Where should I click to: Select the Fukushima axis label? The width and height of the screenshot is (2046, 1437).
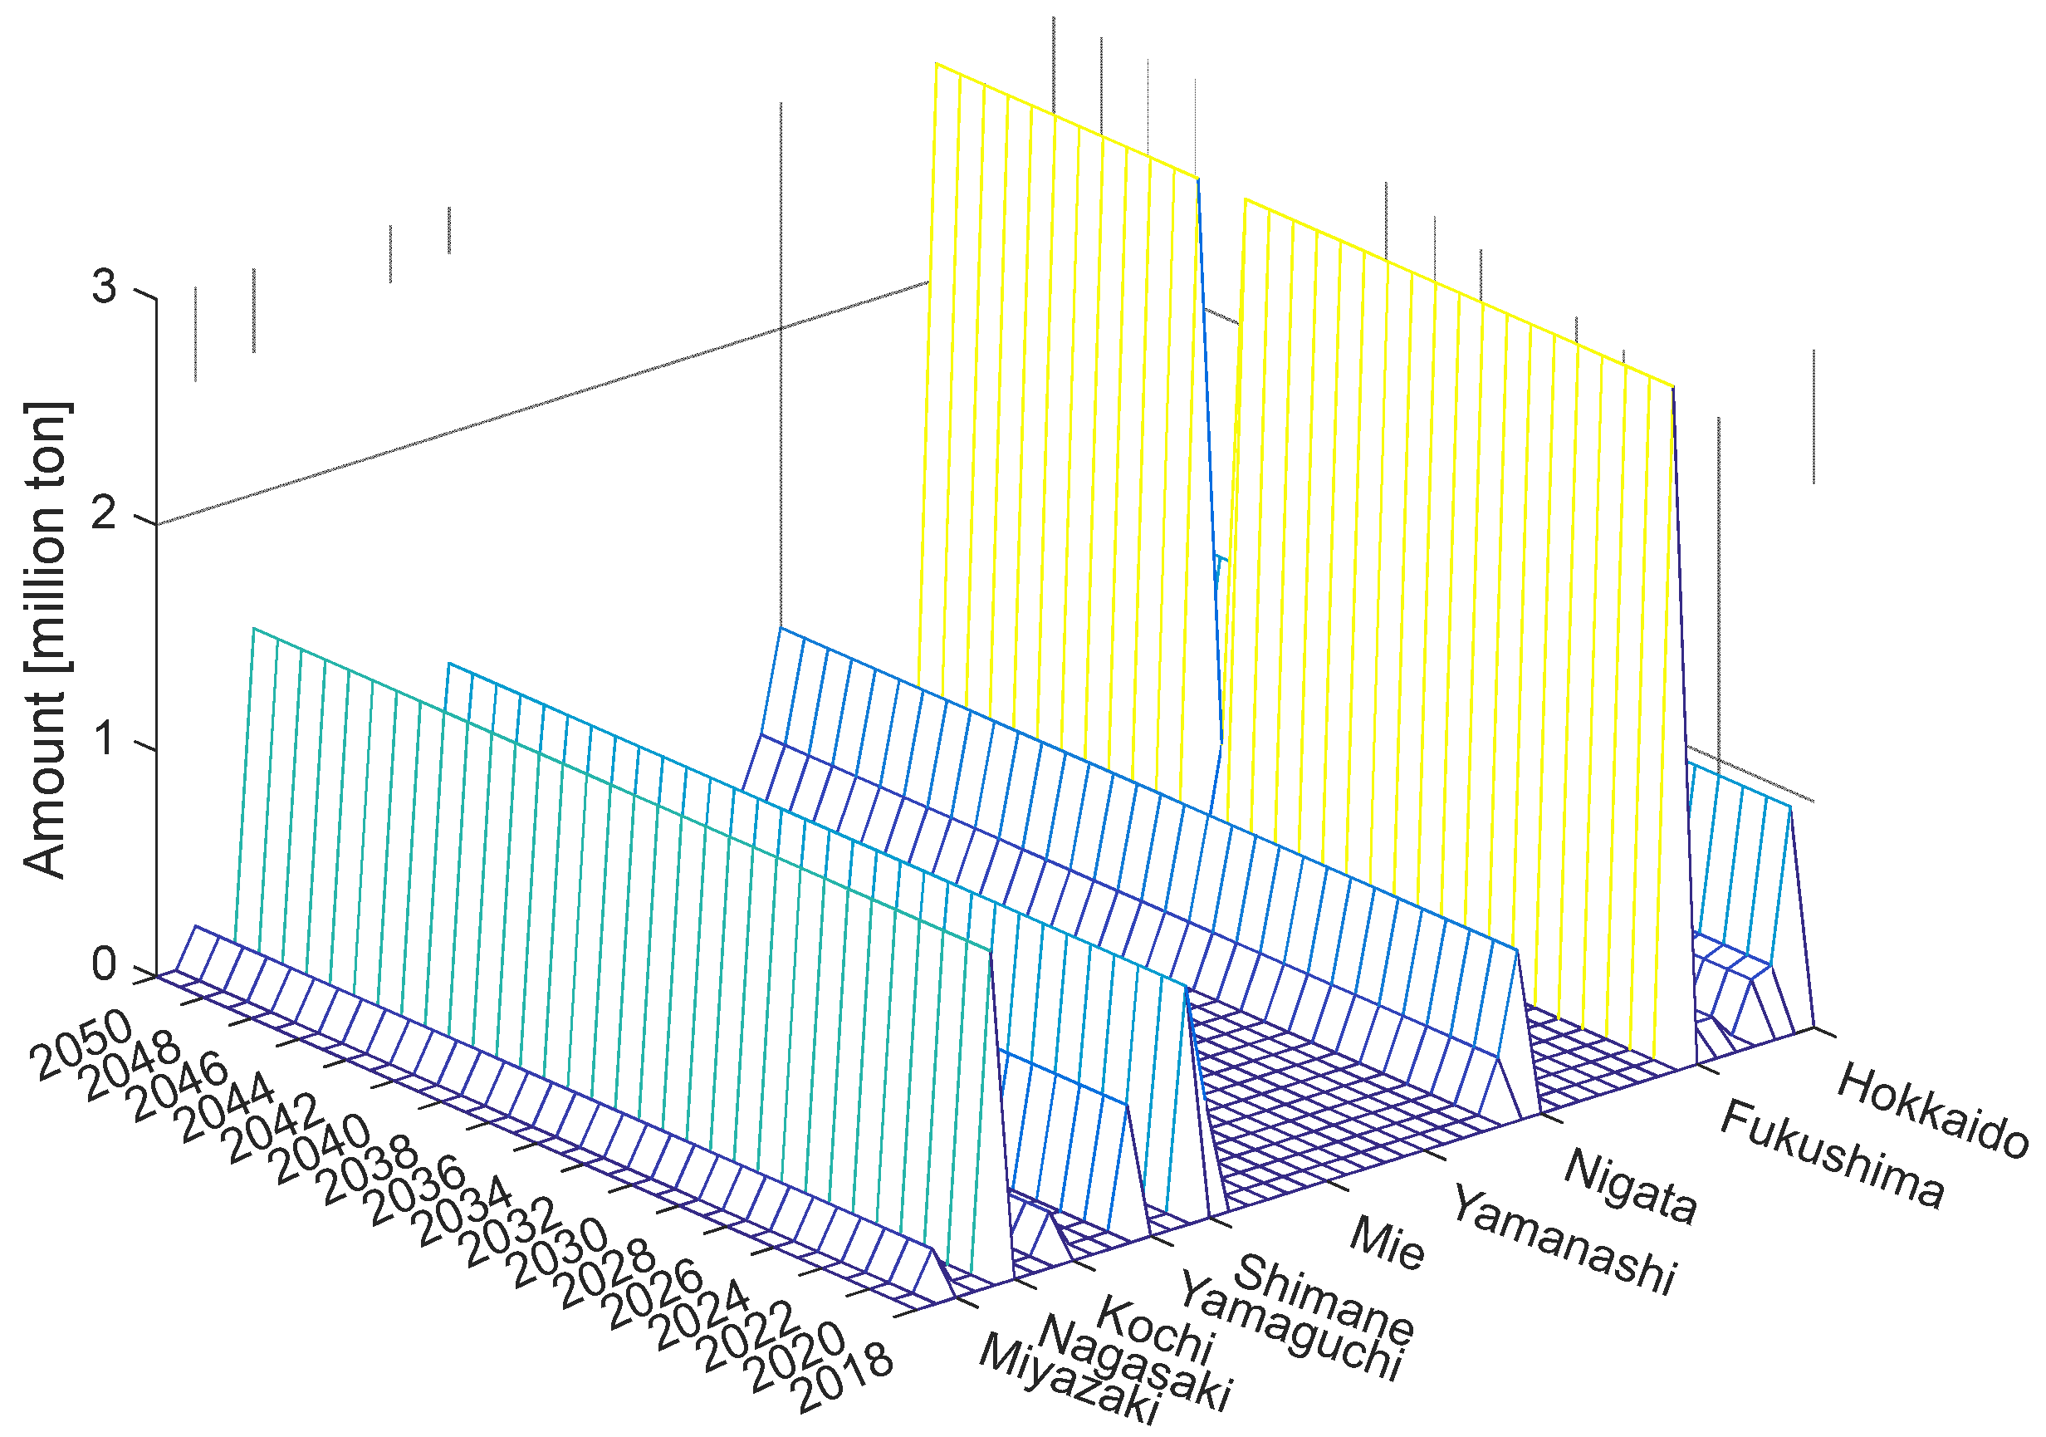pyautogui.click(x=1830, y=1154)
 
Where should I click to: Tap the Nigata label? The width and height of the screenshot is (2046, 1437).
pyautogui.click(x=1630, y=1184)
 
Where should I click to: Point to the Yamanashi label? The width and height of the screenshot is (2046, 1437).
pyautogui.click(x=1564, y=1239)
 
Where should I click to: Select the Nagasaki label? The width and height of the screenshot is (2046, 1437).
pyautogui.click(x=1134, y=1363)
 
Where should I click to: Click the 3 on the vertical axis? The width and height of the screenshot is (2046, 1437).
pyautogui.click(x=105, y=287)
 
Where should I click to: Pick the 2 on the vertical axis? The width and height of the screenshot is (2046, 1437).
pyautogui.click(x=105, y=513)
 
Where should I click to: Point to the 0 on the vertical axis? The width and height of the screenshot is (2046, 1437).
pyautogui.click(x=105, y=965)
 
